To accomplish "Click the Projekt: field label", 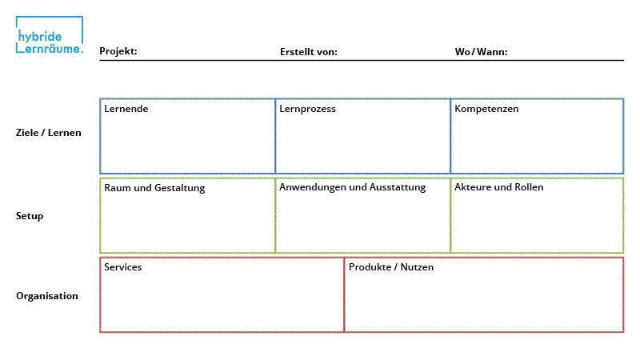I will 118,52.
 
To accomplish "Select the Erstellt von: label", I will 308,52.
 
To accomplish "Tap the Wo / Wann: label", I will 481,52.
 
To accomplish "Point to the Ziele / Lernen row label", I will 49,133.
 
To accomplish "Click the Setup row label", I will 30,216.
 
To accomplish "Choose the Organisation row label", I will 47,296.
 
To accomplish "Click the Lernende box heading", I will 126,109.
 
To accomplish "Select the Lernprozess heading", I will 307,109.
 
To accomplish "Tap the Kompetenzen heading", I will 486,109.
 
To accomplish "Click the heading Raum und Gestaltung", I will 154,188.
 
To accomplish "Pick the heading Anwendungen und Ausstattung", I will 352,187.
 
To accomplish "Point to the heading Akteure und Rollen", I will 498,187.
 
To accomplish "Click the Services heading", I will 122,267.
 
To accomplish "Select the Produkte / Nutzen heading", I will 391,267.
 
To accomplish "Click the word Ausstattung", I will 398,187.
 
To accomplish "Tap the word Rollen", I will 528,187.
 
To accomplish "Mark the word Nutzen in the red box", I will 418,267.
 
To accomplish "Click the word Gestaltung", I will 179,188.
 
